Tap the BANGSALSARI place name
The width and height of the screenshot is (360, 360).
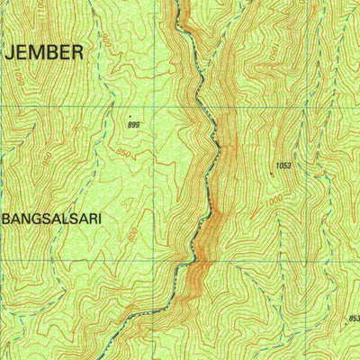pos(52,218)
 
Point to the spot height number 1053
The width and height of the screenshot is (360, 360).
pos(284,166)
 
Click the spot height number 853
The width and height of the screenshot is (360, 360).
pos(353,318)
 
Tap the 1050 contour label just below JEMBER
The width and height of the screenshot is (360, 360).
pos(19,78)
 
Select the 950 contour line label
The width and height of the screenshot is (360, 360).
pos(46,159)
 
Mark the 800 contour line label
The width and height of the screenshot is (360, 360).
pos(132,236)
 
